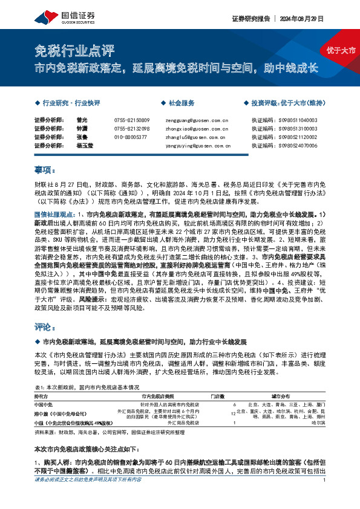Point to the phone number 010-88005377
pos(130,137)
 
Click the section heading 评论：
pos(44,326)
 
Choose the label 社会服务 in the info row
pos(181,103)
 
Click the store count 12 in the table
pos(234,413)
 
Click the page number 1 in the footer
pos(326,496)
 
